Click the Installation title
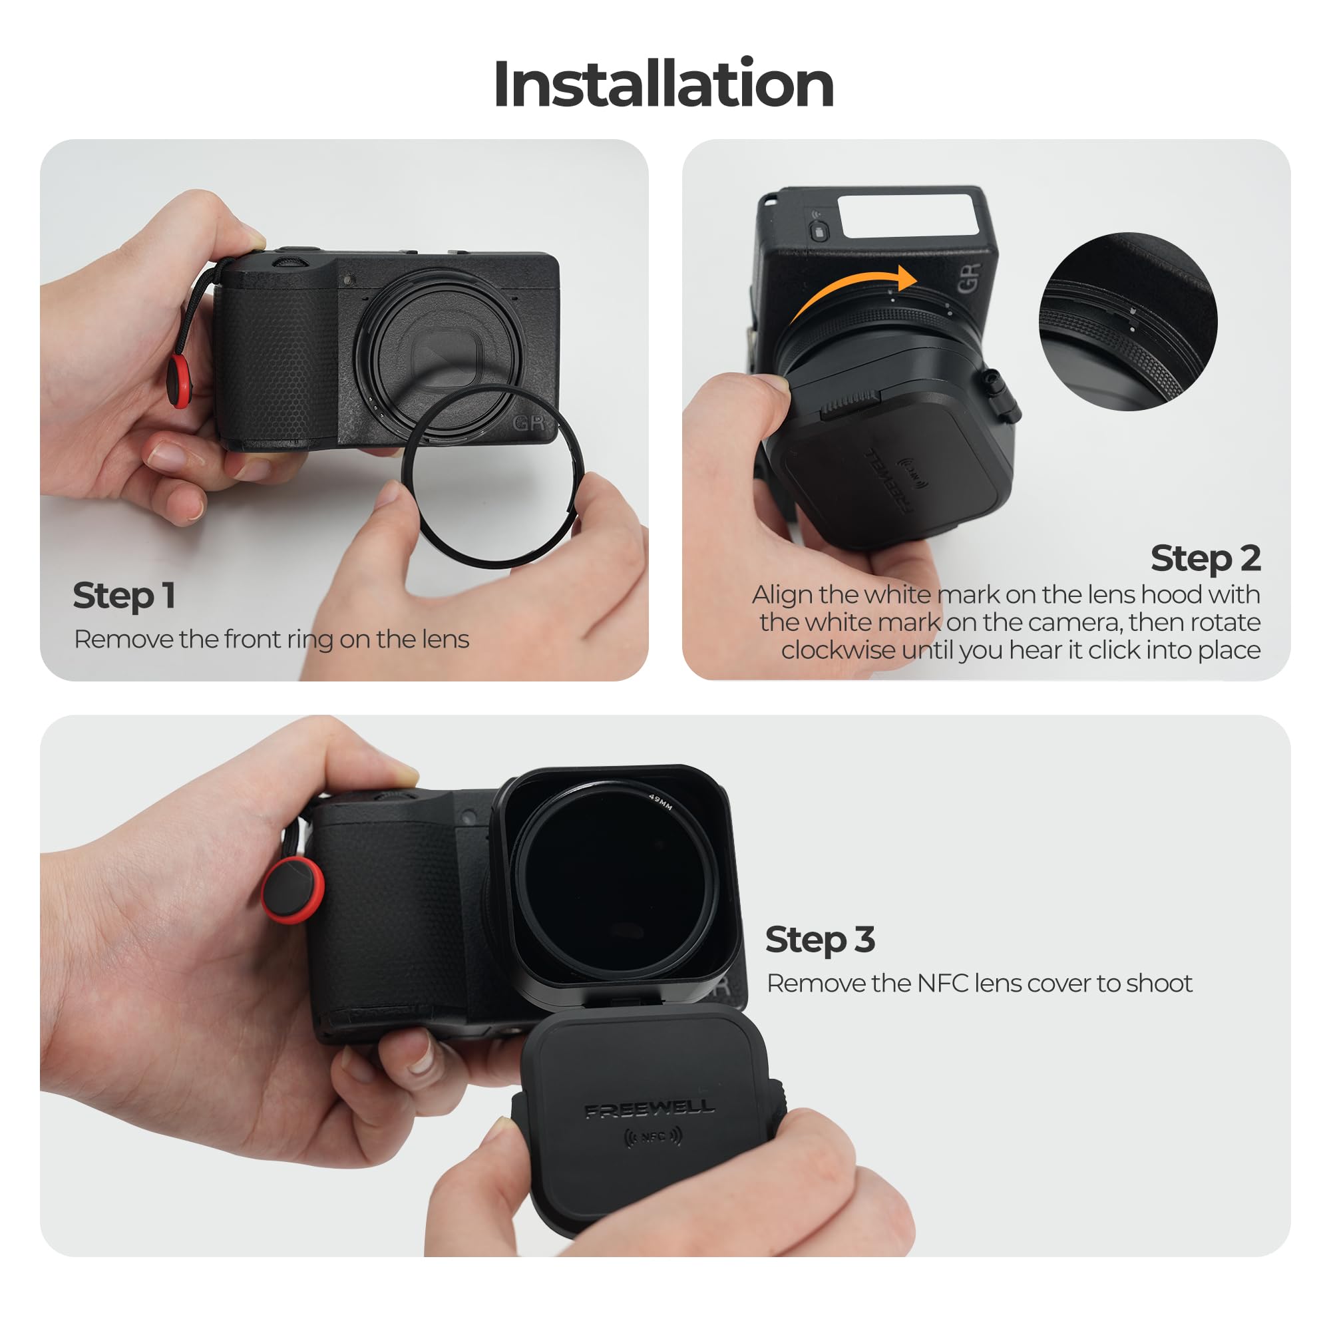(664, 84)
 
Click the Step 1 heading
(123, 596)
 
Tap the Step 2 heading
(1205, 558)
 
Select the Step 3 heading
(820, 940)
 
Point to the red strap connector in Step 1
(180, 381)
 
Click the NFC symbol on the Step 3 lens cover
(652, 1137)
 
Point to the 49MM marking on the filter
(660, 802)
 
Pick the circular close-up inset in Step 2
(1128, 322)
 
